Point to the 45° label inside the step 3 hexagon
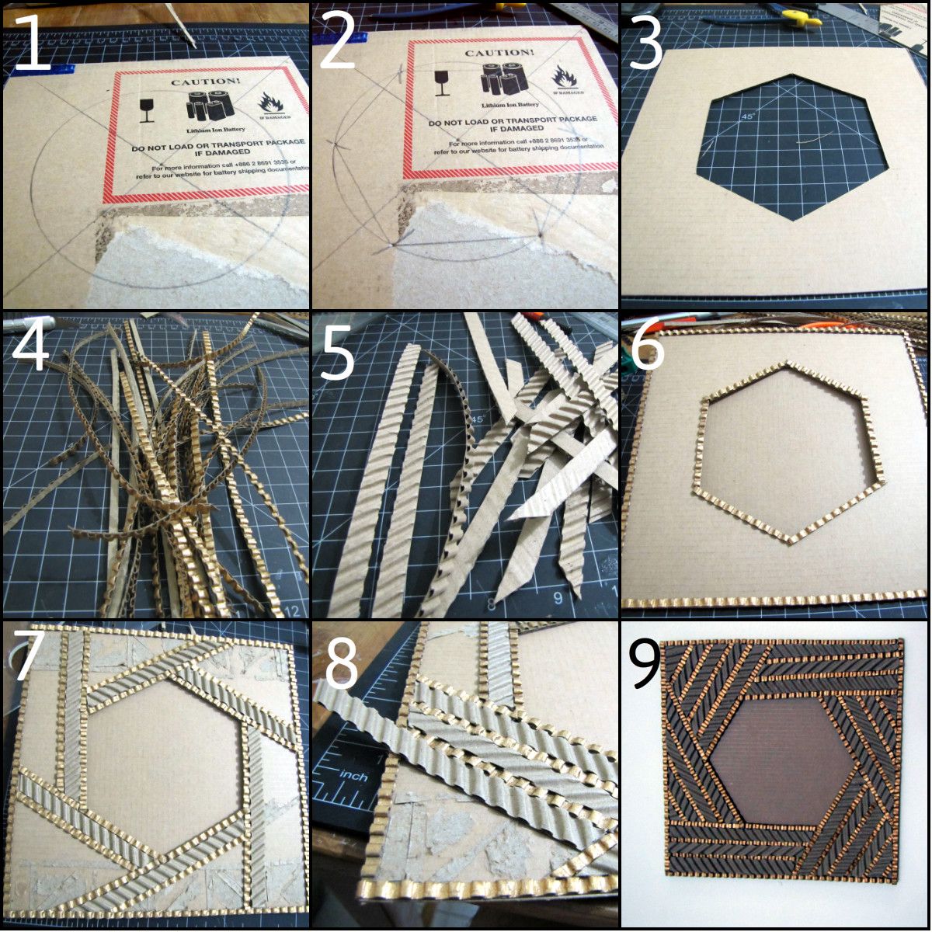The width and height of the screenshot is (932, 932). (x=748, y=116)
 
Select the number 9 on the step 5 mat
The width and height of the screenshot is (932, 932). (x=558, y=598)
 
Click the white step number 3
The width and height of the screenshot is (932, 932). (x=646, y=43)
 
